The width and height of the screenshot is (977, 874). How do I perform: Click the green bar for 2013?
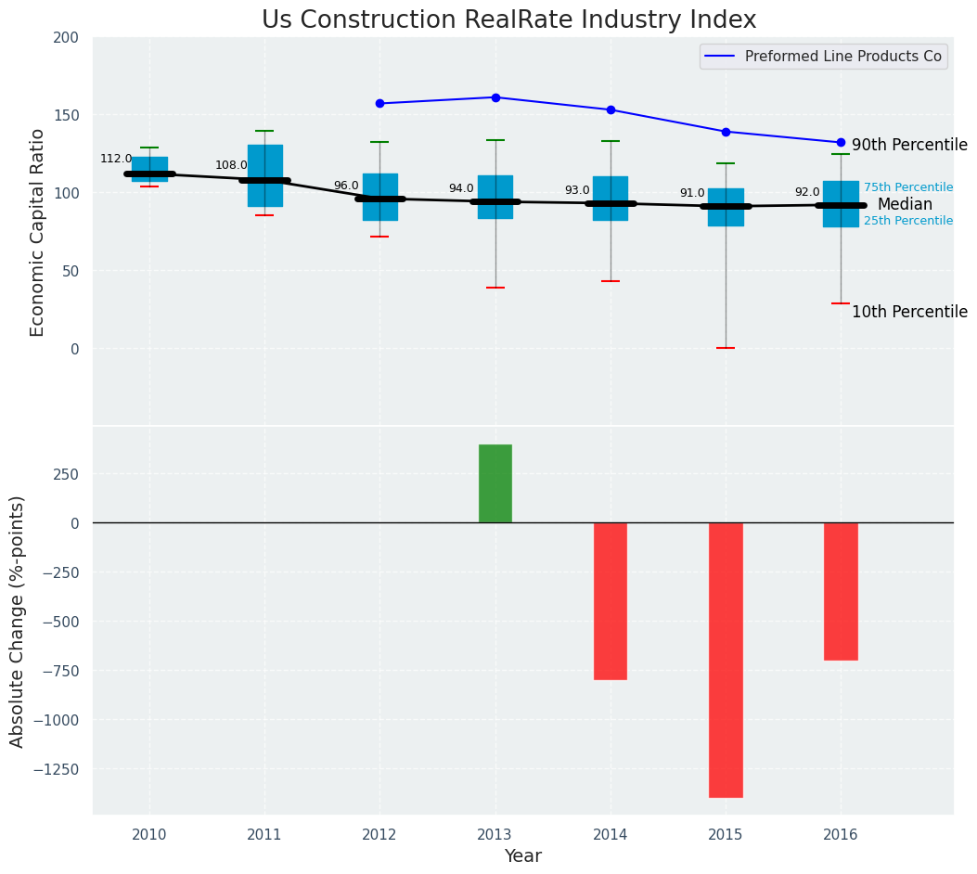pos(495,483)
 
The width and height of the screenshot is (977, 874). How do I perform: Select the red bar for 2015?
pos(726,660)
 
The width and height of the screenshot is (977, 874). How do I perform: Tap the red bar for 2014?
pos(611,600)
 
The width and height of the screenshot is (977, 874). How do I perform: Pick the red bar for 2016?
pos(841,591)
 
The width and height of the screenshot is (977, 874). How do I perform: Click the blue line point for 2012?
pos(379,103)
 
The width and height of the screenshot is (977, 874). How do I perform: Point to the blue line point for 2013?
pos(495,97)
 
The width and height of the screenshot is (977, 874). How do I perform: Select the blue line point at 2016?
pos(841,143)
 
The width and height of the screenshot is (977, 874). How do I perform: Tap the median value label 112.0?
pos(116,159)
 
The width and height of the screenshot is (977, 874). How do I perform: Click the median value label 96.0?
pos(346,186)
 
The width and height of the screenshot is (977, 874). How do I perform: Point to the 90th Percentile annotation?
pos(909,146)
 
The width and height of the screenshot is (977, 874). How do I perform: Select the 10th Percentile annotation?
pos(909,313)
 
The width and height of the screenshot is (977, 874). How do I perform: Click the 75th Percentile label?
pos(907,187)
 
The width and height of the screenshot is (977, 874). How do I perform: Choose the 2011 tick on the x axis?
pos(264,835)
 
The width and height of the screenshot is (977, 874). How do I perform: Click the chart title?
pos(508,20)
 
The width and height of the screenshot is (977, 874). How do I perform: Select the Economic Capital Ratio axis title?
pos(38,232)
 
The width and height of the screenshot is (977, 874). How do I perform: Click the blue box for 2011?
pos(264,175)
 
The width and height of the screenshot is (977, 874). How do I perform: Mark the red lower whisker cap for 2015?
pos(726,348)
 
